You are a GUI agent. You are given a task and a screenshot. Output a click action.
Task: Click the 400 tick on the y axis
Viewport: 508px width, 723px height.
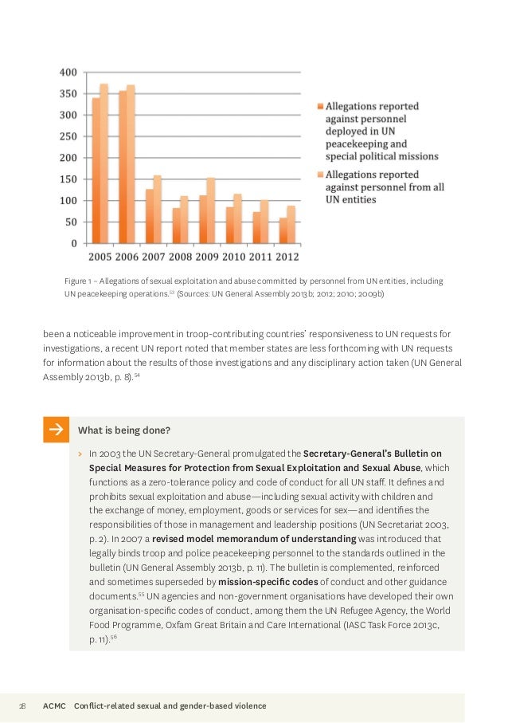pyautogui.click(x=68, y=73)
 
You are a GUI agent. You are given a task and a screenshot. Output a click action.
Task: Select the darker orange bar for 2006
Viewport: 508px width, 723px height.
pyautogui.click(x=123, y=167)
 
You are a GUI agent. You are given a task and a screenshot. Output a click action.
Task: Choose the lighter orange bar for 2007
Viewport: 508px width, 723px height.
pyautogui.click(x=157, y=209)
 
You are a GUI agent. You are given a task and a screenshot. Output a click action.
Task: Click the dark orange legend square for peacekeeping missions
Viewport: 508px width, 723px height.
pyautogui.click(x=319, y=106)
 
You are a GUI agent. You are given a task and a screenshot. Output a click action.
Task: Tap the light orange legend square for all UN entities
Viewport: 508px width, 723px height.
pyautogui.click(x=319, y=171)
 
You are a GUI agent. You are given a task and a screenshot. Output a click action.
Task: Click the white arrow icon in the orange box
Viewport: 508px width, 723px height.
pyautogui.click(x=56, y=430)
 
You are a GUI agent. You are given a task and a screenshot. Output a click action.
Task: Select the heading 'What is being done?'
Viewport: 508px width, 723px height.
pyautogui.click(x=123, y=430)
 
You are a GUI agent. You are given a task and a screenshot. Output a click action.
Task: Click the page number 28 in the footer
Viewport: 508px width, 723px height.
pyautogui.click(x=22, y=706)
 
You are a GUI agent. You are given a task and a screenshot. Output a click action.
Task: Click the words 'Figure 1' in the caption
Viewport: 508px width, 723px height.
pyautogui.click(x=77, y=281)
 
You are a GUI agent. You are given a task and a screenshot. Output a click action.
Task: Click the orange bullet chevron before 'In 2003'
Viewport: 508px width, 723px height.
pyautogui.click(x=80, y=453)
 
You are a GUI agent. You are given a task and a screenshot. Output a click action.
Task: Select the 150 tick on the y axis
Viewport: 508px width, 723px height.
pyautogui.click(x=68, y=179)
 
